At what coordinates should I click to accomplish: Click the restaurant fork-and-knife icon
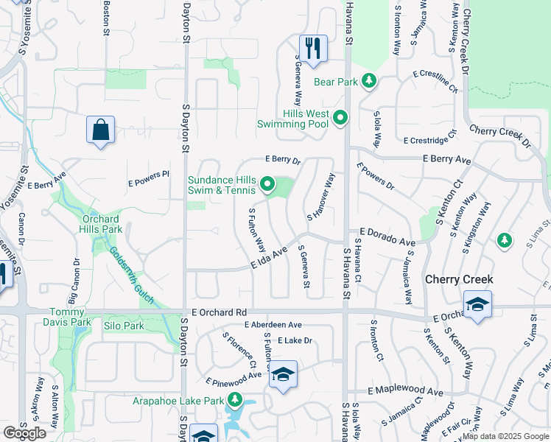point(313,49)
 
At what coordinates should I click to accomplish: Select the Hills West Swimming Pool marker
point(340,118)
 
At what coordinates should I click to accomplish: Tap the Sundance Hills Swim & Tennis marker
point(267,184)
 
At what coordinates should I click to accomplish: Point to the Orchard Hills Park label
point(100,224)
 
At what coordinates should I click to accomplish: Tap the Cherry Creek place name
point(458,280)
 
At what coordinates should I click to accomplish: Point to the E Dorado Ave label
point(387,236)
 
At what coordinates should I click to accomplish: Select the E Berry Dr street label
point(283,160)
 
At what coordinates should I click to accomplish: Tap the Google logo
point(25,433)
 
